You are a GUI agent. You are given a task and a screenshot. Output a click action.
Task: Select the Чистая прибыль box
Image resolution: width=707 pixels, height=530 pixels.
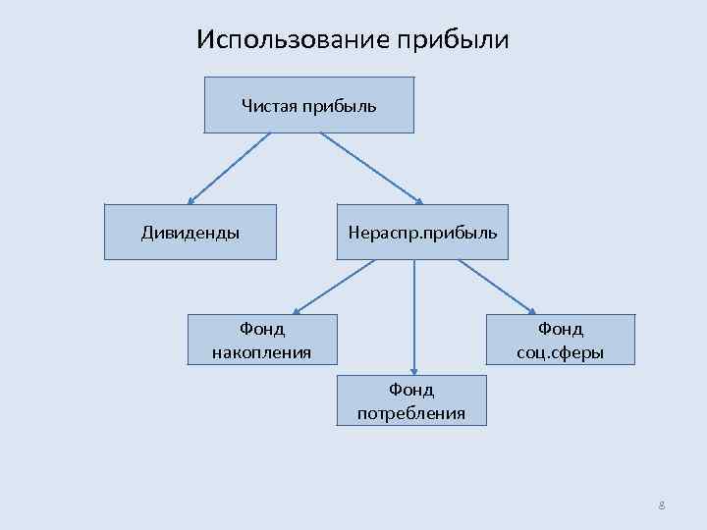pyautogui.click(x=308, y=105)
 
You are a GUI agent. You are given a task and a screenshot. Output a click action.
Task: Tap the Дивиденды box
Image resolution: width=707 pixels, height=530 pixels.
pyautogui.click(x=190, y=233)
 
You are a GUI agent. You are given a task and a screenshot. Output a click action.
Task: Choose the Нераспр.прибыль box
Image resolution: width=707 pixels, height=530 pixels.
pyautogui.click(x=422, y=233)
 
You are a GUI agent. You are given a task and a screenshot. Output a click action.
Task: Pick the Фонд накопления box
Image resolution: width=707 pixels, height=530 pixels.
pyautogui.click(x=261, y=339)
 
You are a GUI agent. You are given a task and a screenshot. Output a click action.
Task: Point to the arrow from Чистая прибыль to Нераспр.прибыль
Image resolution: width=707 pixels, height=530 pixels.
pyautogui.click(x=370, y=168)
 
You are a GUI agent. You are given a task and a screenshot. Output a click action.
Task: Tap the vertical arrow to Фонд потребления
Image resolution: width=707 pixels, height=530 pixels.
pyautogui.click(x=414, y=314)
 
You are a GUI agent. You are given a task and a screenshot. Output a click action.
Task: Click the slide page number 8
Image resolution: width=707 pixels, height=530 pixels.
pyautogui.click(x=662, y=505)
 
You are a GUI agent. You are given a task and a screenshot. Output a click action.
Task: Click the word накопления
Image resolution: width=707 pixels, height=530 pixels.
pyautogui.click(x=261, y=351)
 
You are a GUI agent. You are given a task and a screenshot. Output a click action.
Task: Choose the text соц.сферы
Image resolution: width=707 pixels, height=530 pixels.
pyautogui.click(x=560, y=351)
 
